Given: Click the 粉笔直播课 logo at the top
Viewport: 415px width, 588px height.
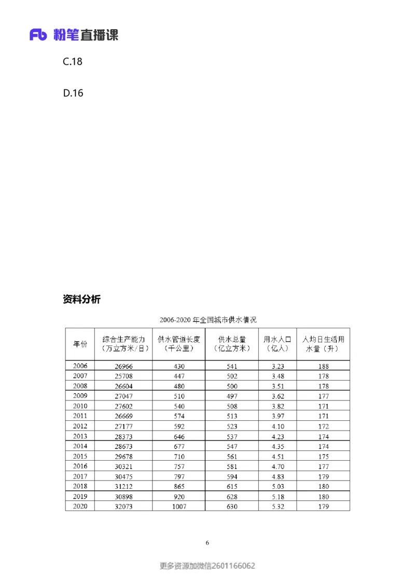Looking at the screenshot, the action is point(74,35).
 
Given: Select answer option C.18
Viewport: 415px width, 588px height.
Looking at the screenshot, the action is point(73,61).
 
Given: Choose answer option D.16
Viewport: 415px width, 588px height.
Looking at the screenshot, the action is point(73,93).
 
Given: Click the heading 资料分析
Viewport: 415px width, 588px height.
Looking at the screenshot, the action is point(81,299).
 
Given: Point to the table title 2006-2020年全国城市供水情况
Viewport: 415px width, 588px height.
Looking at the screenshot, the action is point(208,319).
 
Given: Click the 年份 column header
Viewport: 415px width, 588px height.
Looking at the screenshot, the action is point(80,344).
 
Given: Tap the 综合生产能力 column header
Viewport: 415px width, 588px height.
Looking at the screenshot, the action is point(123,344).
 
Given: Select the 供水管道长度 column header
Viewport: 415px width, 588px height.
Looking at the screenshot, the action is point(179,344).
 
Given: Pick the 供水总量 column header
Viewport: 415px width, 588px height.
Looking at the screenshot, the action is point(232,344).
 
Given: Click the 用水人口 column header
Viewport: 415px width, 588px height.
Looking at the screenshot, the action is point(278,344).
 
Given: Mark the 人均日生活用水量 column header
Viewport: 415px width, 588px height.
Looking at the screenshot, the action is point(323,344).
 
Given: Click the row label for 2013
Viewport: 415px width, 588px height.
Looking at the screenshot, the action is point(80,437).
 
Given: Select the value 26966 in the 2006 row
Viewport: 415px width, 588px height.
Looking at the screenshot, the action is point(123,366).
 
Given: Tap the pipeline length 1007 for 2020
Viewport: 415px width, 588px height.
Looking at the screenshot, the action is point(179,506).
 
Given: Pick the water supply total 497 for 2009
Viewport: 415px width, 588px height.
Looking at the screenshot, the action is point(232,396).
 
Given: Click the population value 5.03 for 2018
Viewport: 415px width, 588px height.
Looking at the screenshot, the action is point(278,487).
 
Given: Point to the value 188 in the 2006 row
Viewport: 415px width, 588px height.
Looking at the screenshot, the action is point(323,366).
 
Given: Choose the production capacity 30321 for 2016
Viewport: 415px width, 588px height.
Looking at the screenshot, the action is point(123,466).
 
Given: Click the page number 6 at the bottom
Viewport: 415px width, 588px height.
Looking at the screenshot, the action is point(208,543).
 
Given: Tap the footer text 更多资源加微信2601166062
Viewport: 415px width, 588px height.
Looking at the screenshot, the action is point(208,566).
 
